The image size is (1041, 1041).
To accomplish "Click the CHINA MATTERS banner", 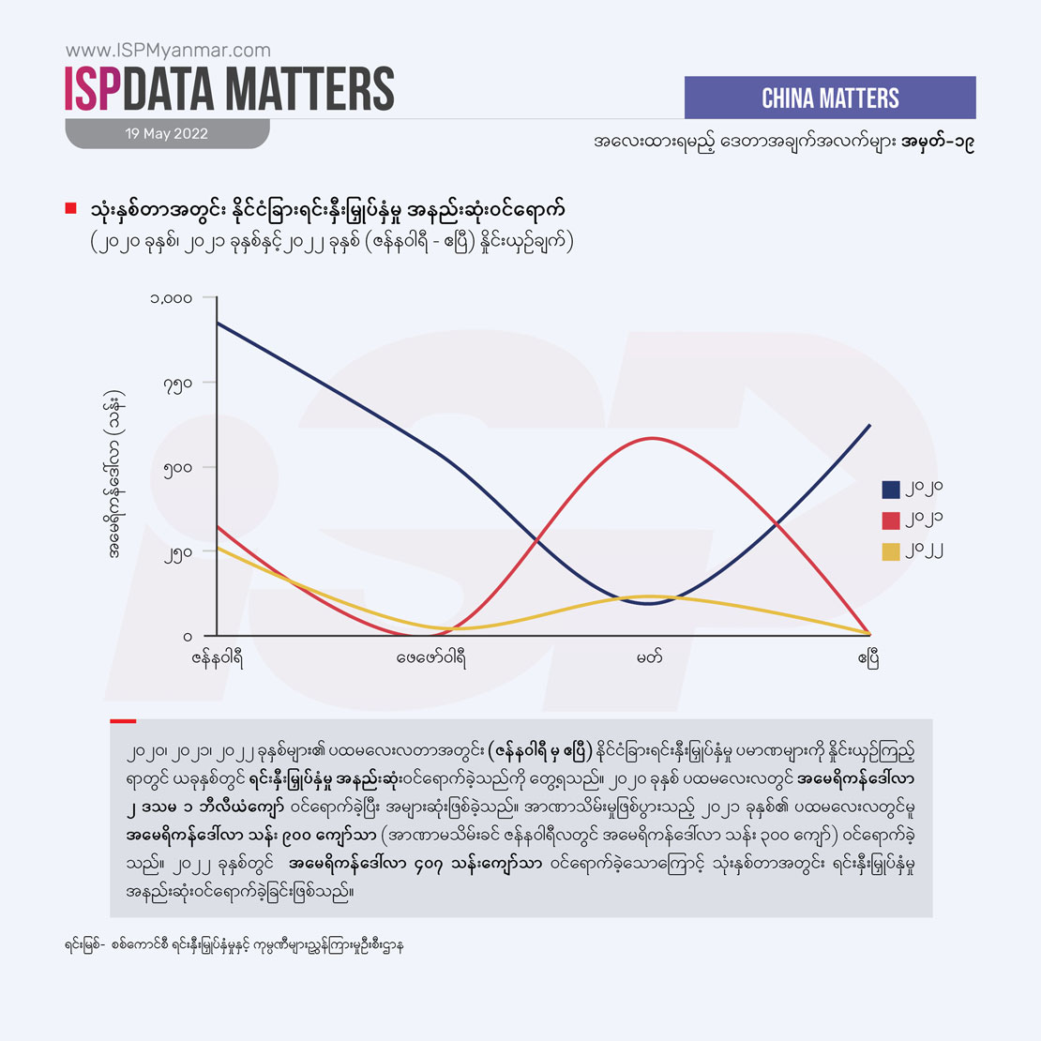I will (x=830, y=98).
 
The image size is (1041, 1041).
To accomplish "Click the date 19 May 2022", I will (x=167, y=133).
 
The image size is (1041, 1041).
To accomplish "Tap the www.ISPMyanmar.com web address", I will (x=168, y=51).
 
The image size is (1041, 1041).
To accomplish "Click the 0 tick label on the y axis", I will (x=186, y=636).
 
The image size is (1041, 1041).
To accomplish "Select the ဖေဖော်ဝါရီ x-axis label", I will (x=431, y=657).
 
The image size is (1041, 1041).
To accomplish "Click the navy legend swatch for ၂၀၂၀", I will (x=891, y=489).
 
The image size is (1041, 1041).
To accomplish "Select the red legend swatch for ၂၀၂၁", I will (x=891, y=520).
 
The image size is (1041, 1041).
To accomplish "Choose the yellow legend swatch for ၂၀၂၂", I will (x=891, y=551).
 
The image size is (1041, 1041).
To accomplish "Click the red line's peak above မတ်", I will (x=650, y=438).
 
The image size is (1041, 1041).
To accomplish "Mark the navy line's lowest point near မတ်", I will (x=650, y=603).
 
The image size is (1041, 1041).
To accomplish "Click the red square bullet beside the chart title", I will (x=70, y=208).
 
